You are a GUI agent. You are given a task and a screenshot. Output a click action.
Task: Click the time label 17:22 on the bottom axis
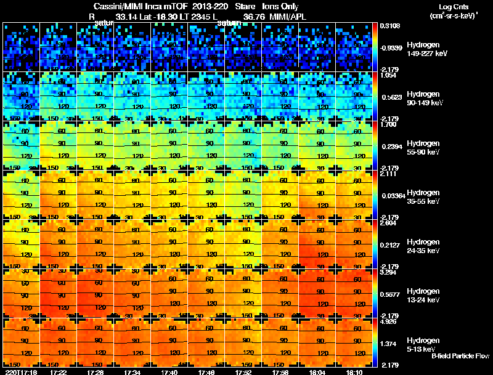point(59,371)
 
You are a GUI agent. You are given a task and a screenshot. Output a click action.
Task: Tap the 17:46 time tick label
point(207,371)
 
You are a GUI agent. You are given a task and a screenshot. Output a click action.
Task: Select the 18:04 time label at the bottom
point(318,371)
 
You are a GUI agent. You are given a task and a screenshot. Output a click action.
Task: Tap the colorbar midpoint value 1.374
point(389,342)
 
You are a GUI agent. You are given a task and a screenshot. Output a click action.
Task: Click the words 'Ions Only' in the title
point(282,6)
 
